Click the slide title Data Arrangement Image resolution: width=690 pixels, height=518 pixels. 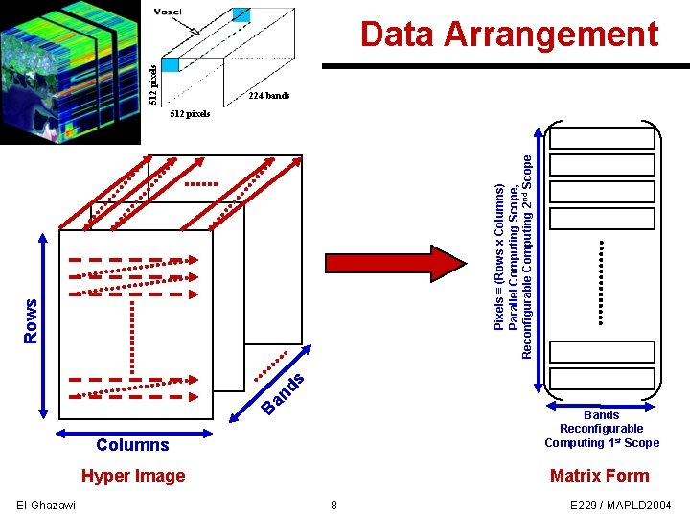pyautogui.click(x=509, y=35)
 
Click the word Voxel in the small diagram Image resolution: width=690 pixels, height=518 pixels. pyautogui.click(x=169, y=12)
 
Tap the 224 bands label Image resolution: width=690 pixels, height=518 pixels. pyautogui.click(x=268, y=96)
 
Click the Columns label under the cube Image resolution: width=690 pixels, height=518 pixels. pyautogui.click(x=132, y=445)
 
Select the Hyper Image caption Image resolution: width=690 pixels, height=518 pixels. pyautogui.click(x=133, y=476)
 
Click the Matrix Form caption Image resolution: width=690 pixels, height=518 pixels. pyautogui.click(x=600, y=476)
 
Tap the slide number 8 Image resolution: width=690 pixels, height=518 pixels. pyautogui.click(x=333, y=506)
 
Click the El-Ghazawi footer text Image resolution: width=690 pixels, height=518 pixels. pyautogui.click(x=46, y=506)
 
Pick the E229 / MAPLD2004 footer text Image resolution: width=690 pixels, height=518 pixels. pyautogui.click(x=621, y=506)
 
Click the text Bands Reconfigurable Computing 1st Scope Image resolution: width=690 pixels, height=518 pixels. pyautogui.click(x=602, y=429)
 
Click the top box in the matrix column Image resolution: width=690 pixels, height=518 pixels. pyautogui.click(x=602, y=137)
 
